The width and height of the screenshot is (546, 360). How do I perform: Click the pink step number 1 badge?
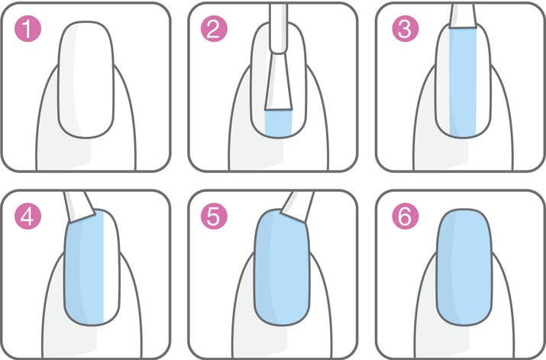pyautogui.click(x=28, y=31)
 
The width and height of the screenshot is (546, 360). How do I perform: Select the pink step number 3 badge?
pyautogui.click(x=403, y=31)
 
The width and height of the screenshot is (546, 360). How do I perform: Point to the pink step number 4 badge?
pyautogui.click(x=28, y=218)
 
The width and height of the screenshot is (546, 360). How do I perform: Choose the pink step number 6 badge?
pyautogui.click(x=403, y=218)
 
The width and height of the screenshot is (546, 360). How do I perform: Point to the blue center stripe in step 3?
pyautogui.click(x=463, y=80)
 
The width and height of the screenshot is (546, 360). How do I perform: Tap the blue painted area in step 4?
pyautogui.click(x=84, y=268)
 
